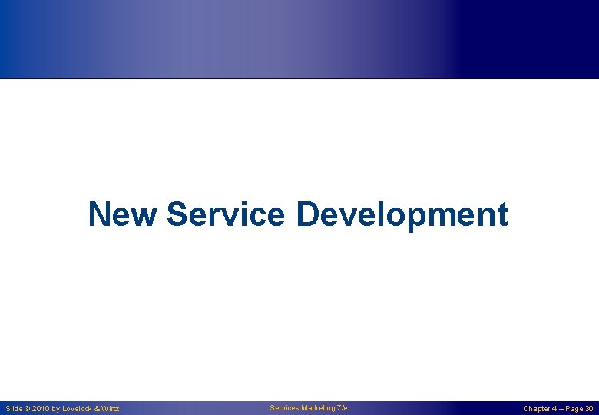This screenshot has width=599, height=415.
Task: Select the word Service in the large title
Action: [225, 214]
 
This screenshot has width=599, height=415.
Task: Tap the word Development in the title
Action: [402, 214]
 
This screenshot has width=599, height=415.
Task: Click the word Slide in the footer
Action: [14, 409]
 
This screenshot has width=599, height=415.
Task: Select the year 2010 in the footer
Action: [41, 409]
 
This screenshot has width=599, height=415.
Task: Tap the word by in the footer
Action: [55, 409]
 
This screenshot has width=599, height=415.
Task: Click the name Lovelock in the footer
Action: [76, 409]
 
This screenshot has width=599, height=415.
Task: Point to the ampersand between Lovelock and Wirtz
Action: [96, 409]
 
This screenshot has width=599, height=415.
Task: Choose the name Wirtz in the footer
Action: [110, 409]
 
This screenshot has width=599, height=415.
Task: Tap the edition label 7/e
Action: [342, 408]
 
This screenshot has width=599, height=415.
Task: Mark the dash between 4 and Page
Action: [561, 409]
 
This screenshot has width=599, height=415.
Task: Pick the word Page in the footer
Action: [574, 409]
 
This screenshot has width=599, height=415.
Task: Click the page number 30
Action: [588, 409]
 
